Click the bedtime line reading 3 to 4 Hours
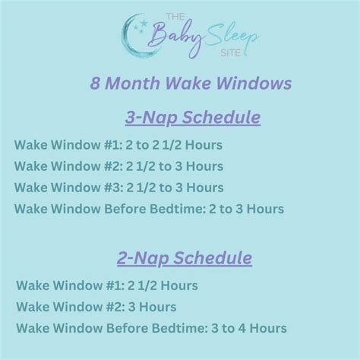(x=151, y=328)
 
